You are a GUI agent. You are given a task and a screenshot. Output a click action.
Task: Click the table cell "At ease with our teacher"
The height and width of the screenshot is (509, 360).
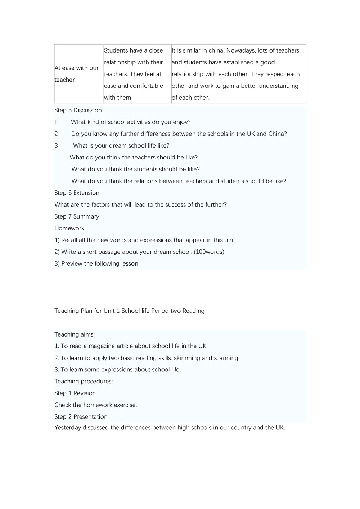tap(76, 74)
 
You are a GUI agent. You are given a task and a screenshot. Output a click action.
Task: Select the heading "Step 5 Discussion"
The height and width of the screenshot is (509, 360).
tap(78, 110)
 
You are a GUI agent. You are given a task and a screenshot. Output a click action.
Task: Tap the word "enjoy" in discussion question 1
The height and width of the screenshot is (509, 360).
tap(181, 122)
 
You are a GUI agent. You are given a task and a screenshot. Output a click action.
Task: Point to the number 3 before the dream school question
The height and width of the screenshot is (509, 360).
tap(56, 145)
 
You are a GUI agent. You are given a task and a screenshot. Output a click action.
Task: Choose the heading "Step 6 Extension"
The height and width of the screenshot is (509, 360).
tap(77, 193)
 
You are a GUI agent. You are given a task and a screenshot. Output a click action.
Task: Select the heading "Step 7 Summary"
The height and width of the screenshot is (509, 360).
tap(77, 216)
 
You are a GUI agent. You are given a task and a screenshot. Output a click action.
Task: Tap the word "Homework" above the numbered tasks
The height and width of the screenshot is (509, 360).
tap(69, 228)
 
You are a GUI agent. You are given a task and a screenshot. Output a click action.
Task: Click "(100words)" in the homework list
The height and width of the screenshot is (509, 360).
tap(209, 252)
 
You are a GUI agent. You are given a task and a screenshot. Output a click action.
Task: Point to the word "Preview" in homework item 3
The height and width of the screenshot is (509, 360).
tap(72, 263)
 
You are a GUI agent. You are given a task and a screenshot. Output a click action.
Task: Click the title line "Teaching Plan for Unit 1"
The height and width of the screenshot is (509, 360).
tap(129, 311)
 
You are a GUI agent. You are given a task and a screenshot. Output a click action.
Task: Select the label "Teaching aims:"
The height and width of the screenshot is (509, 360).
tap(75, 334)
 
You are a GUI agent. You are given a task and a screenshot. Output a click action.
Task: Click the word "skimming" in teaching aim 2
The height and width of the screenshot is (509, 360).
tap(187, 358)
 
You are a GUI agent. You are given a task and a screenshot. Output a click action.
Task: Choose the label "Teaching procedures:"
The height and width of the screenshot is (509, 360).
tap(84, 381)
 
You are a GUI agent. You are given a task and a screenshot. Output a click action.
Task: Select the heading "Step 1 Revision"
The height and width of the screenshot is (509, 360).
tap(75, 393)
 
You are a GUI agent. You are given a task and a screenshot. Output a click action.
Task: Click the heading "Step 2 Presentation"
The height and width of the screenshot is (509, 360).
tap(81, 417)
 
